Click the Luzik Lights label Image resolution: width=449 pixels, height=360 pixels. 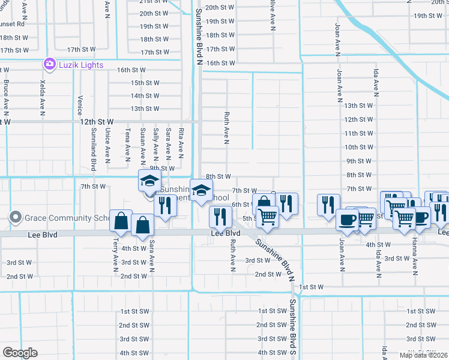click(81, 65)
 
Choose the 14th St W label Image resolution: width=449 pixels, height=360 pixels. click(145, 95)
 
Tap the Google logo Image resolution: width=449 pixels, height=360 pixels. click(20, 353)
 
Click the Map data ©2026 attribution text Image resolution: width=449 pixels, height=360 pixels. click(423, 356)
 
